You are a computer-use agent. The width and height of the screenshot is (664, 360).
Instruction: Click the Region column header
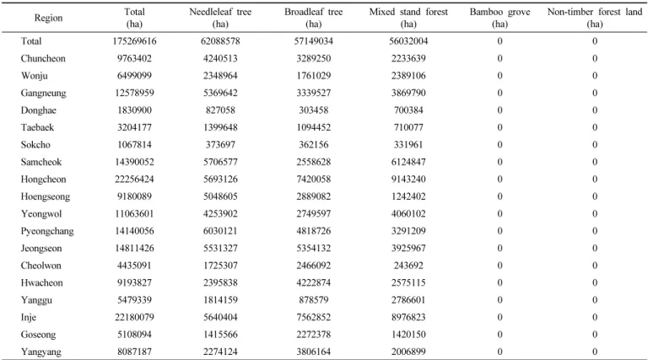[x=48, y=18]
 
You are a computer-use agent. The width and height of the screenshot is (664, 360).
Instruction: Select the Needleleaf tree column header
[x=220, y=18]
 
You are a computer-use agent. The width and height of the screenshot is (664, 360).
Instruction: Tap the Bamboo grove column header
[x=499, y=18]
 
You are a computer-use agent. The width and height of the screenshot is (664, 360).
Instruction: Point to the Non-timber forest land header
[x=595, y=18]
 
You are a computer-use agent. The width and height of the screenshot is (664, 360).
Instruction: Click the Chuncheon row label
[x=43, y=58]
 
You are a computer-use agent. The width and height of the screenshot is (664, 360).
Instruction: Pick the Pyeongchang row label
[x=47, y=231]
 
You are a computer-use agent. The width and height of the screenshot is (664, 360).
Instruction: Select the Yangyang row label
[x=41, y=352]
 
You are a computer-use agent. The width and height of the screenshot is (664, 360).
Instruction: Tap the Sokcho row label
[x=35, y=145]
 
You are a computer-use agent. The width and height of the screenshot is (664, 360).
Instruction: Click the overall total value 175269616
[x=134, y=41]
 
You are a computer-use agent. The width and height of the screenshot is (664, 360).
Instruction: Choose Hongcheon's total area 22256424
[x=134, y=180]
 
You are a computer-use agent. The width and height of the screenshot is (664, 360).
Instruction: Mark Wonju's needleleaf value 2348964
[x=220, y=76]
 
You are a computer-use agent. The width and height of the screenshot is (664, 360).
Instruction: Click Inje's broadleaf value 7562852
[x=313, y=317]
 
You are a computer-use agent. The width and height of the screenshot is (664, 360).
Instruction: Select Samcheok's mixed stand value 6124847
[x=408, y=162]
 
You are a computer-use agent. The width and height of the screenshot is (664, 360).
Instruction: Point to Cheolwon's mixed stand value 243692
[x=408, y=266]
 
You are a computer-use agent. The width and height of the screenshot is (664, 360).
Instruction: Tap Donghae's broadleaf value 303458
[x=313, y=110]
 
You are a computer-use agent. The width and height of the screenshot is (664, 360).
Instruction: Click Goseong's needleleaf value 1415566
[x=220, y=335]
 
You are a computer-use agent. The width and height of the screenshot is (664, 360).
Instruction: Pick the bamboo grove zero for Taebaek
[x=499, y=127]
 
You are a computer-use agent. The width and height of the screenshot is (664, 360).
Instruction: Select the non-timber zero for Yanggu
[x=595, y=300]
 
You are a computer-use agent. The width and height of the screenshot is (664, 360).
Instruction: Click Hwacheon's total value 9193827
[x=134, y=282]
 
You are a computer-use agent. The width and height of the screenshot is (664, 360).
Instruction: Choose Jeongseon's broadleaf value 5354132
[x=313, y=249]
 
